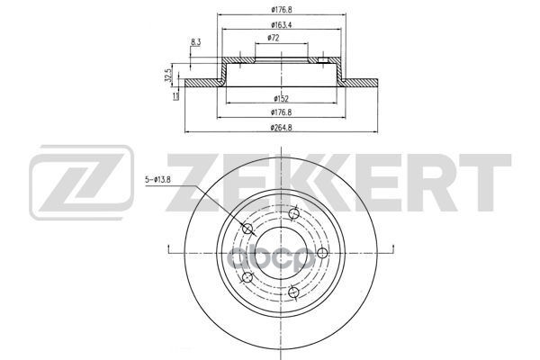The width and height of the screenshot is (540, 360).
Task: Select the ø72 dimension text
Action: [272, 38]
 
